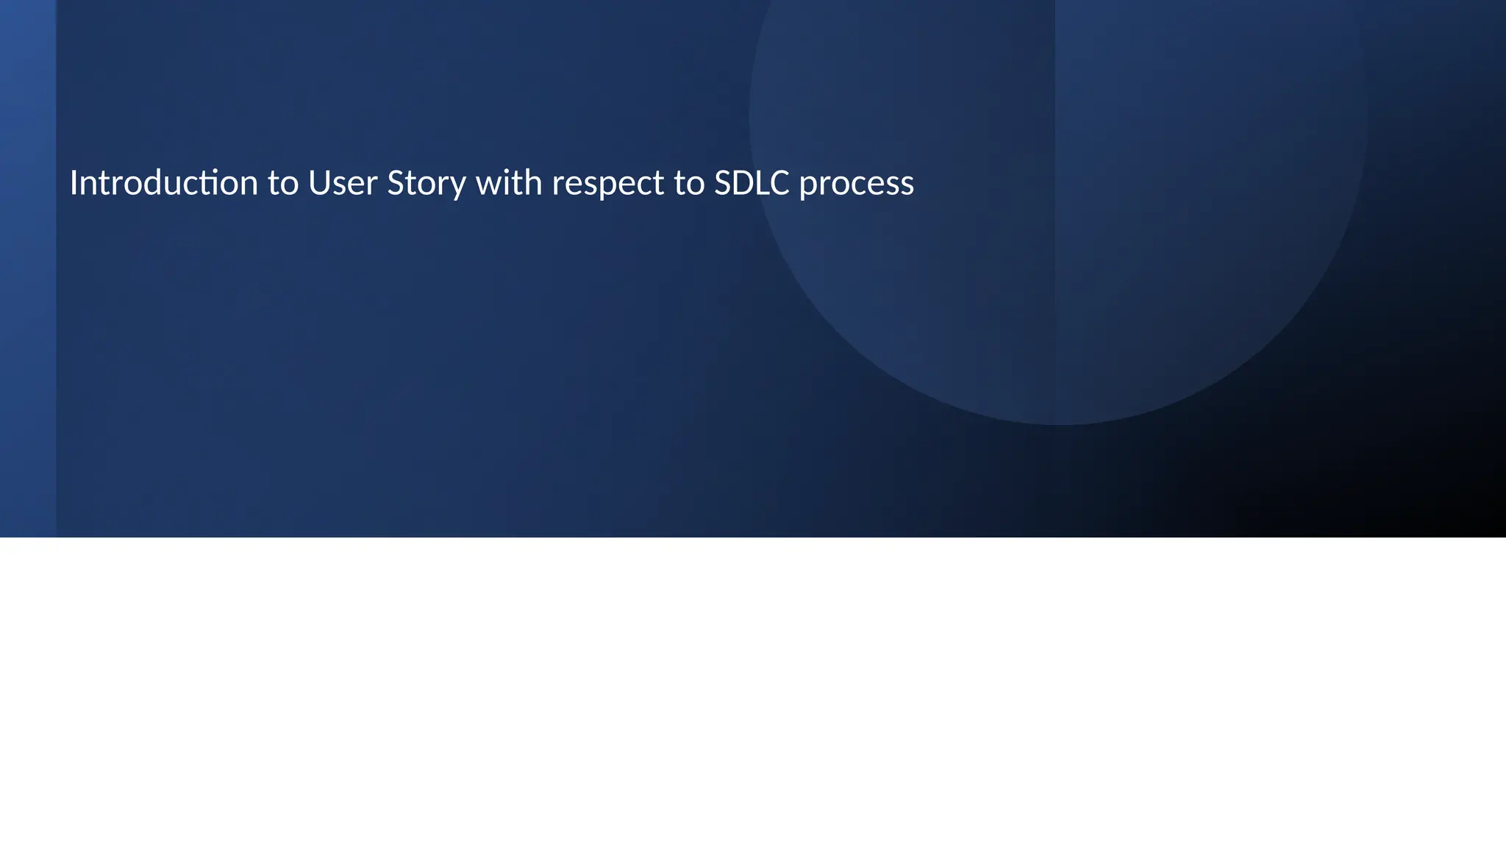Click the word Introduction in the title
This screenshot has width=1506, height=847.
[164, 183]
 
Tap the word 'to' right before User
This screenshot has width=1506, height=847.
[283, 183]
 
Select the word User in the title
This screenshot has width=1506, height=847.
[343, 183]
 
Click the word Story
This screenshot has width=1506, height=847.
[427, 183]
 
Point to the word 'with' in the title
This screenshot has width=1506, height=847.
[509, 183]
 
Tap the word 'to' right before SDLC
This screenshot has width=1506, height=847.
[689, 183]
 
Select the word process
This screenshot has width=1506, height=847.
[857, 183]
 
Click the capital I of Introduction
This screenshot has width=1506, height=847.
[74, 183]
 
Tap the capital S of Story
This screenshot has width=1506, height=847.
[395, 183]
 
